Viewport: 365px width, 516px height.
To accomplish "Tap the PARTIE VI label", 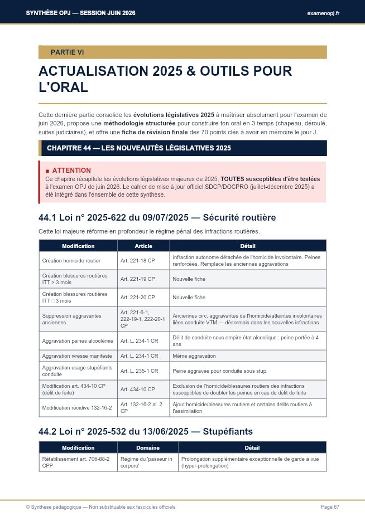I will click(x=67, y=52).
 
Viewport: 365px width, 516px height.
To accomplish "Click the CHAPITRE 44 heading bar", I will click(x=139, y=148).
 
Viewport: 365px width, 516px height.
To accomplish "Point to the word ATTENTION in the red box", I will click(x=71, y=170).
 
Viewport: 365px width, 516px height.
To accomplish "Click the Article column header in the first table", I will click(x=143, y=246).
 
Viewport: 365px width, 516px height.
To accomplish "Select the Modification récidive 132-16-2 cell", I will click(x=77, y=407).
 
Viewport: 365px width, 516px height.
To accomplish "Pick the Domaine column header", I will click(x=148, y=447).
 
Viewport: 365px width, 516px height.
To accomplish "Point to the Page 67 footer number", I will click(x=330, y=507).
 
